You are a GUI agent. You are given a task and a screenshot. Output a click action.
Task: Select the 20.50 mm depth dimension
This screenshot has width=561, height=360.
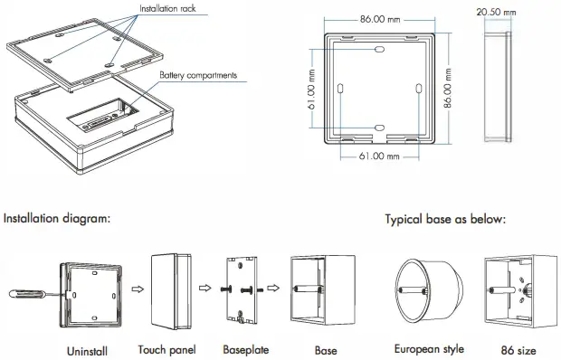click(497, 12)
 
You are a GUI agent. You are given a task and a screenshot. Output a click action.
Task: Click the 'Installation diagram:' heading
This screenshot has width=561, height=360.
click(57, 218)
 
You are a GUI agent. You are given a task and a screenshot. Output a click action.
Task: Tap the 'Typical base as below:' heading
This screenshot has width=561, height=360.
click(445, 219)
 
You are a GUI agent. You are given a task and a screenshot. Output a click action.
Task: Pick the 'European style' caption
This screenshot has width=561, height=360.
click(429, 348)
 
